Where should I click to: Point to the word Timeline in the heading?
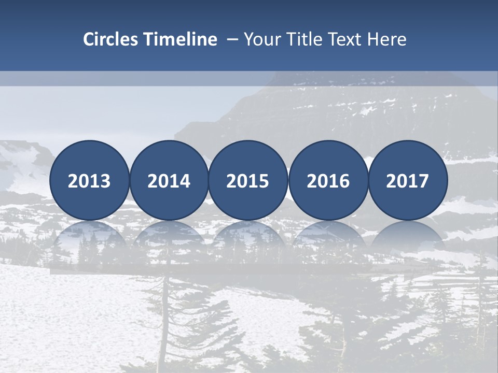click(181, 39)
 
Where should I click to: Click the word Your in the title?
click(259, 39)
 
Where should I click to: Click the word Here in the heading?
click(386, 39)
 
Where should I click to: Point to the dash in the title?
click(232, 40)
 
